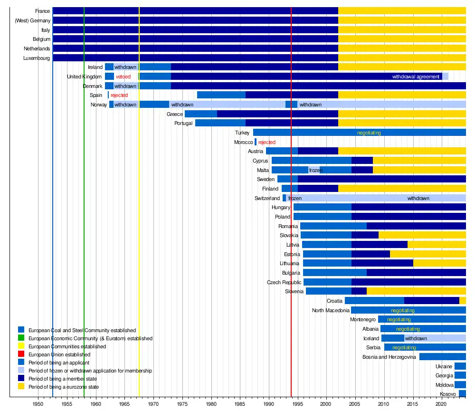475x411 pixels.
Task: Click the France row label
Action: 42,11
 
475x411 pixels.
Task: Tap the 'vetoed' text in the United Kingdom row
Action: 123,76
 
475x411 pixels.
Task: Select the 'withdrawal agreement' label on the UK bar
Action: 416,76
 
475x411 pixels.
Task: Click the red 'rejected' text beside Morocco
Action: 266,142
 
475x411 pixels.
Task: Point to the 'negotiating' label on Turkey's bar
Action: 369,133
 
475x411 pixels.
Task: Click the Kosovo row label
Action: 448,394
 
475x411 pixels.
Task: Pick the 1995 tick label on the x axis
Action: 298,404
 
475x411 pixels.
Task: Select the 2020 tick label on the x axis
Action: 442,404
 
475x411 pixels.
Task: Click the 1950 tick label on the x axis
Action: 38,404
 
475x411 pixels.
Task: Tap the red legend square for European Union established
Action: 21,354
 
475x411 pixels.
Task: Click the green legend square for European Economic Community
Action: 21,338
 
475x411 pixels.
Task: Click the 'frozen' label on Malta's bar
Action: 315,170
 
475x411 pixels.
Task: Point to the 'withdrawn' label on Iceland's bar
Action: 416,338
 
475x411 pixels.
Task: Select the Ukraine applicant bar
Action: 460,366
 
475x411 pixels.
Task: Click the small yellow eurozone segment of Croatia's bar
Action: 463,301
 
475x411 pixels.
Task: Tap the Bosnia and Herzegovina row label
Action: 389,357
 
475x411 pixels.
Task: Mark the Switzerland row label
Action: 267,198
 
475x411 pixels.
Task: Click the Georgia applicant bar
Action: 460,375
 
